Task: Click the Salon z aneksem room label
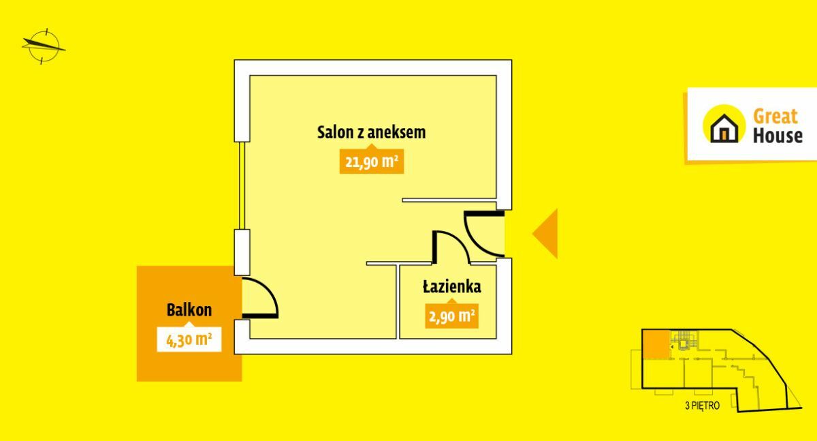[371, 132]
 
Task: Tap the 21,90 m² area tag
[371, 162]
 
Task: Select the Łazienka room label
[452, 286]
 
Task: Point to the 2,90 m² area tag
[452, 316]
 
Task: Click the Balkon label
[189, 310]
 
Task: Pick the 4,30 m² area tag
[189, 339]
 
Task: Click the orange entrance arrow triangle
[545, 234]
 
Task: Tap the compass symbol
[44, 46]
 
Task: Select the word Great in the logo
[775, 117]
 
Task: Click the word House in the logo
[778, 136]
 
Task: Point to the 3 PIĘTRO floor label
[702, 406]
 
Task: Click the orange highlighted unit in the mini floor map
[656, 344]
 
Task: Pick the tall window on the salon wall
[242, 185]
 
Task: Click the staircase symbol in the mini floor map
[683, 343]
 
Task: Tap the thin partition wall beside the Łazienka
[398, 301]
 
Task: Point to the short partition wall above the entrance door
[449, 200]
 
